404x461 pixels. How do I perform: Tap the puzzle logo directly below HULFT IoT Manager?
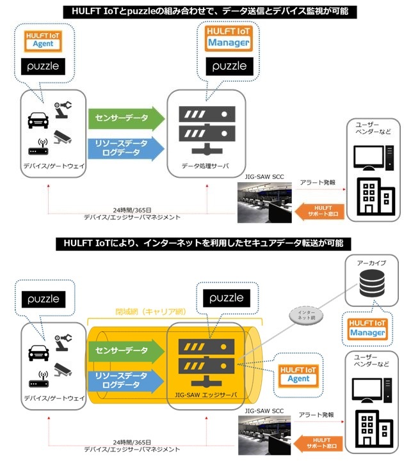coord(229,66)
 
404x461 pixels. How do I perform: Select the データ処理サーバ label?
coord(205,164)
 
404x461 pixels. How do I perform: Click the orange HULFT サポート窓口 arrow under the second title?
coord(320,441)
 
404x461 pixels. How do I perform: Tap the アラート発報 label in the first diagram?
coord(318,182)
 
